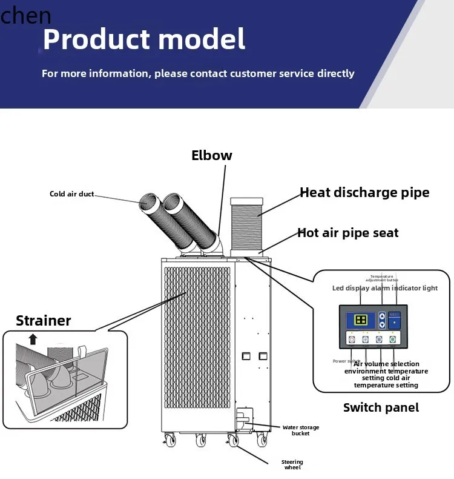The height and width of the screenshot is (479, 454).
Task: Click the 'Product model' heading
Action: (144, 39)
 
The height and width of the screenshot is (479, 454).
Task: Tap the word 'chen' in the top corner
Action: (25, 15)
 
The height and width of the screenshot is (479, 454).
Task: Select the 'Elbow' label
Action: (211, 155)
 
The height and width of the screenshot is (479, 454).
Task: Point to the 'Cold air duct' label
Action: (71, 194)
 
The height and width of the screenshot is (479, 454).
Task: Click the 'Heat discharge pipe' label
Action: (364, 193)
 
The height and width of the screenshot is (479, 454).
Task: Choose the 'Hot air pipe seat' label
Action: (347, 233)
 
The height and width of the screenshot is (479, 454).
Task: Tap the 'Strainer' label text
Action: (43, 321)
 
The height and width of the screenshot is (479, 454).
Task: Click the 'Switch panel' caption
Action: (381, 407)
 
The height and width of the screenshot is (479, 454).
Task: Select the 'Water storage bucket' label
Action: (300, 430)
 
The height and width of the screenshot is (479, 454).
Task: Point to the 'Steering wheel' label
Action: (292, 465)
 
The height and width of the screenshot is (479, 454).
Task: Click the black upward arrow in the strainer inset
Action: (33, 339)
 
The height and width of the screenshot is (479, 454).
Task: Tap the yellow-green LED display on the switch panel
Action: (361, 320)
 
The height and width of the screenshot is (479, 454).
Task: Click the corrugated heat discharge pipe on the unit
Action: (246, 224)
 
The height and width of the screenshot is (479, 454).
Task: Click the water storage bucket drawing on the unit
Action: (243, 419)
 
